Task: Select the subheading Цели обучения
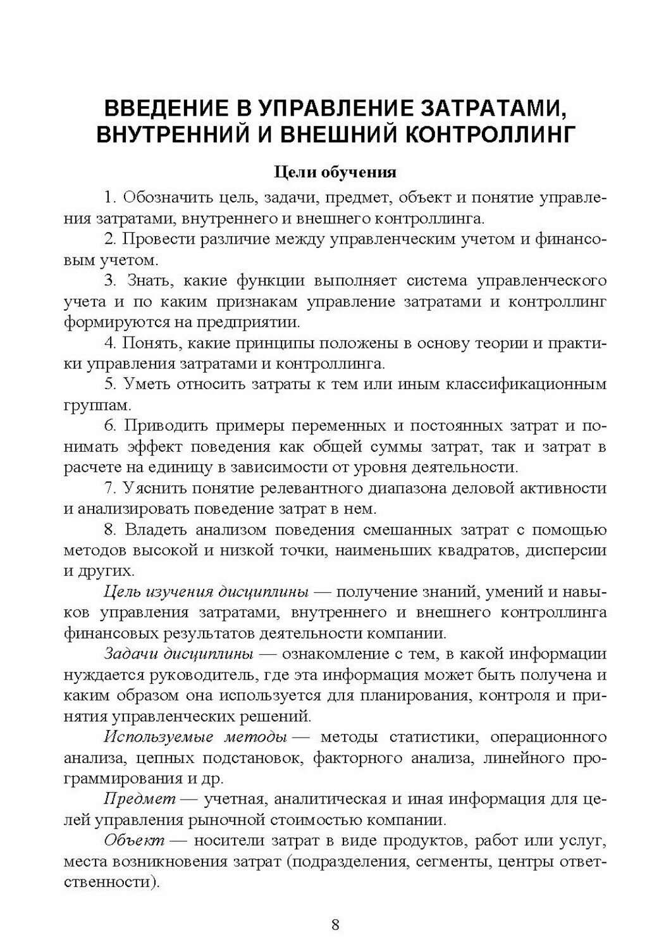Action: [335, 172]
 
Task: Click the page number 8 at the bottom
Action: [335, 924]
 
